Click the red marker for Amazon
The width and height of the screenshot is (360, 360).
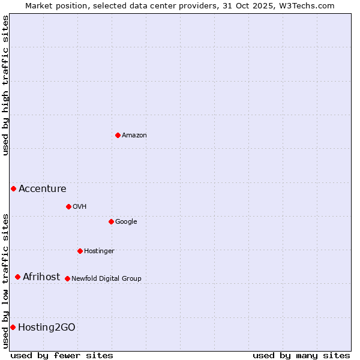118,135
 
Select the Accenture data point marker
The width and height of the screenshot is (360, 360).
13,188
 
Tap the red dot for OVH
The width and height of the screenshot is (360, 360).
68,206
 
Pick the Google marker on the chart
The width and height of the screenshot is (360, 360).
111,221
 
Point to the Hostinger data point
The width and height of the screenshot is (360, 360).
80,251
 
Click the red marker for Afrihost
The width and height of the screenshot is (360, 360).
17,277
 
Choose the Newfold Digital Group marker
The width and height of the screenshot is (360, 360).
67,278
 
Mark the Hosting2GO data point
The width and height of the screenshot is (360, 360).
13,327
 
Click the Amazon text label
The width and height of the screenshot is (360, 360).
134,136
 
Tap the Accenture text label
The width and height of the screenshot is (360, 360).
43,189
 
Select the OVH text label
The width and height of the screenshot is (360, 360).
80,207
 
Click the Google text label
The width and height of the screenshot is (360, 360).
126,222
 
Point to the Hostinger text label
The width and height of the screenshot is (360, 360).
99,251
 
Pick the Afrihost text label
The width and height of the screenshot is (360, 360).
41,277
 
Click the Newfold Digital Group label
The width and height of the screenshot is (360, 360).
107,279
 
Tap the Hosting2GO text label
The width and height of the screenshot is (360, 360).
47,328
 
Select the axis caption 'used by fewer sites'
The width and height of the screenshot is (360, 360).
62,355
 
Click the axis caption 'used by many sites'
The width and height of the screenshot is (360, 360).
301,355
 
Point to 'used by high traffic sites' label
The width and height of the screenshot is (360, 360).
6,85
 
